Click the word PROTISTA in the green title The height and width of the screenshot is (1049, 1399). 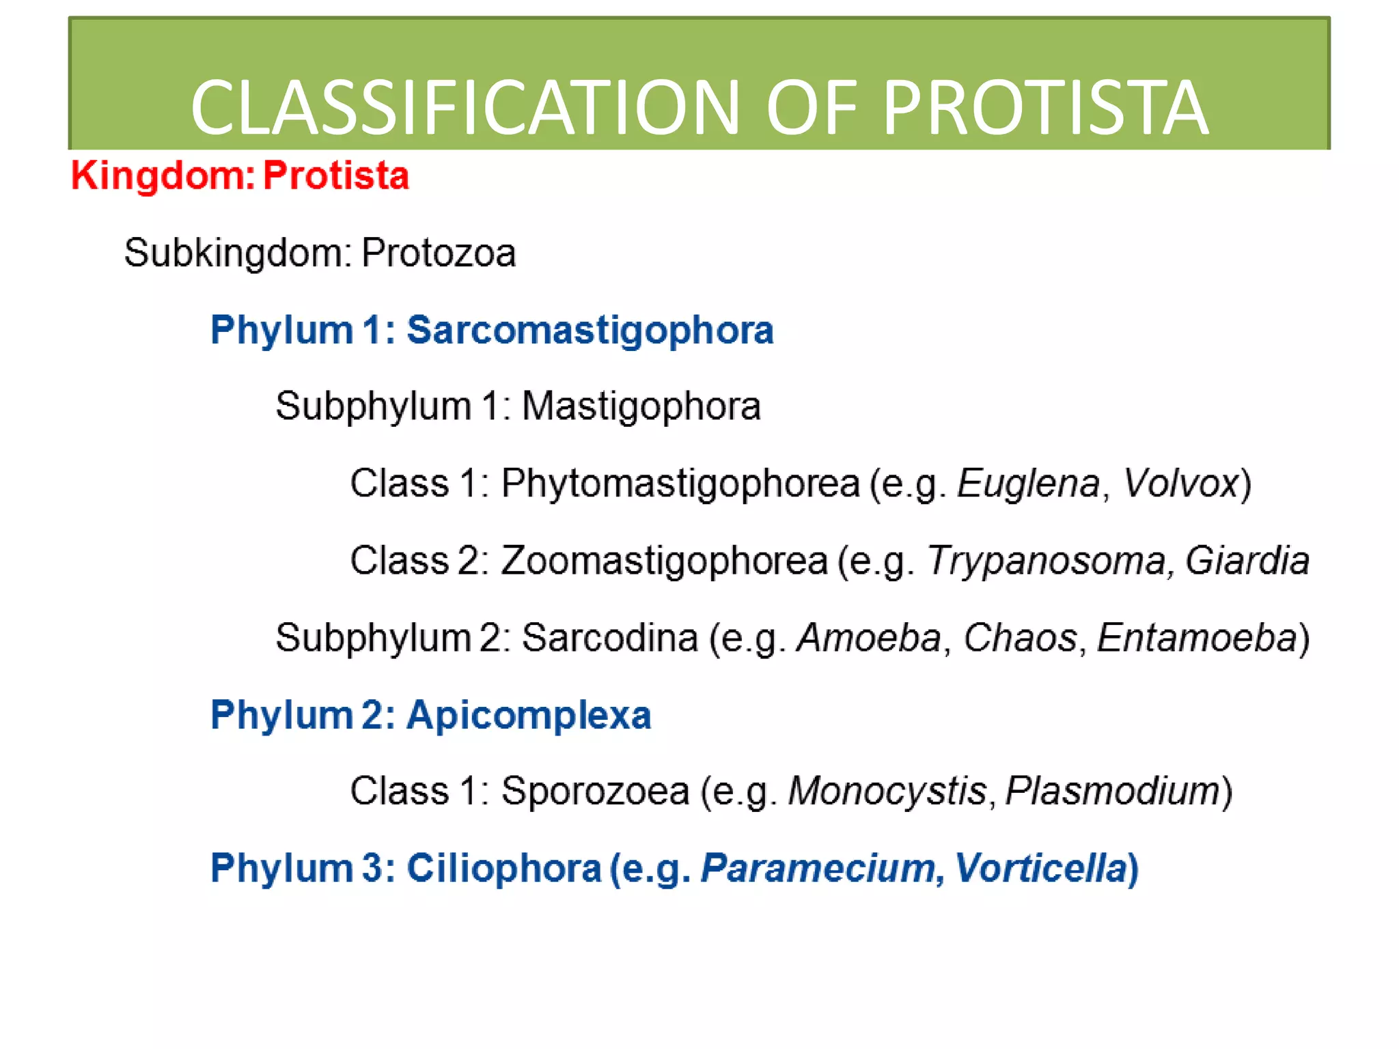click(1045, 108)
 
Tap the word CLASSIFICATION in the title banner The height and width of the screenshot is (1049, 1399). click(465, 108)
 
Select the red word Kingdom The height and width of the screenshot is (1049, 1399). click(157, 176)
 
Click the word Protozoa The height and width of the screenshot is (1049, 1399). click(438, 253)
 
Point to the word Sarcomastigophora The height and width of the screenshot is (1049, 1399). click(590, 330)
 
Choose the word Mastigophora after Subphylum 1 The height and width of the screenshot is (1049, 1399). click(641, 406)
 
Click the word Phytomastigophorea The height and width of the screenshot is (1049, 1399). click(680, 484)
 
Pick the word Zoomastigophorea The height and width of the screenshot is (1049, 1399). click(664, 561)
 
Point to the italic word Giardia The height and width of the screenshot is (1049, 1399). click(1247, 561)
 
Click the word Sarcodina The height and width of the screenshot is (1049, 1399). click(609, 638)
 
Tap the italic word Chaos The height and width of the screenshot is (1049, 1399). click(1020, 638)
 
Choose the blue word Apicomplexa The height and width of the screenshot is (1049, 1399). click(529, 715)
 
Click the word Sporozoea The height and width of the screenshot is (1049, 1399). click(595, 792)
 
